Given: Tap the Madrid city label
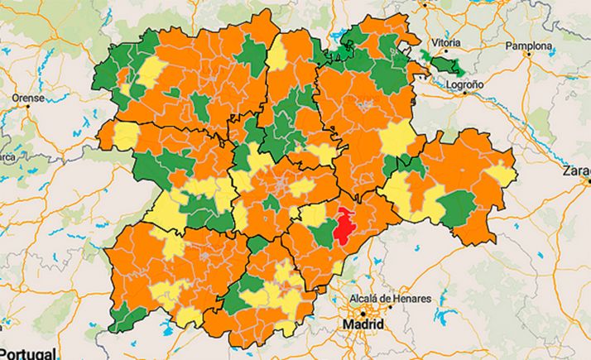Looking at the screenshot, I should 362,325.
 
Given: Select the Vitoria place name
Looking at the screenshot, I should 444,43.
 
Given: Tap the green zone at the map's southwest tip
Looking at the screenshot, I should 123,317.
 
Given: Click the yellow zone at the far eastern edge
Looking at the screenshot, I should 502,175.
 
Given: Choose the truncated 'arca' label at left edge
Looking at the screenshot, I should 8,156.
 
